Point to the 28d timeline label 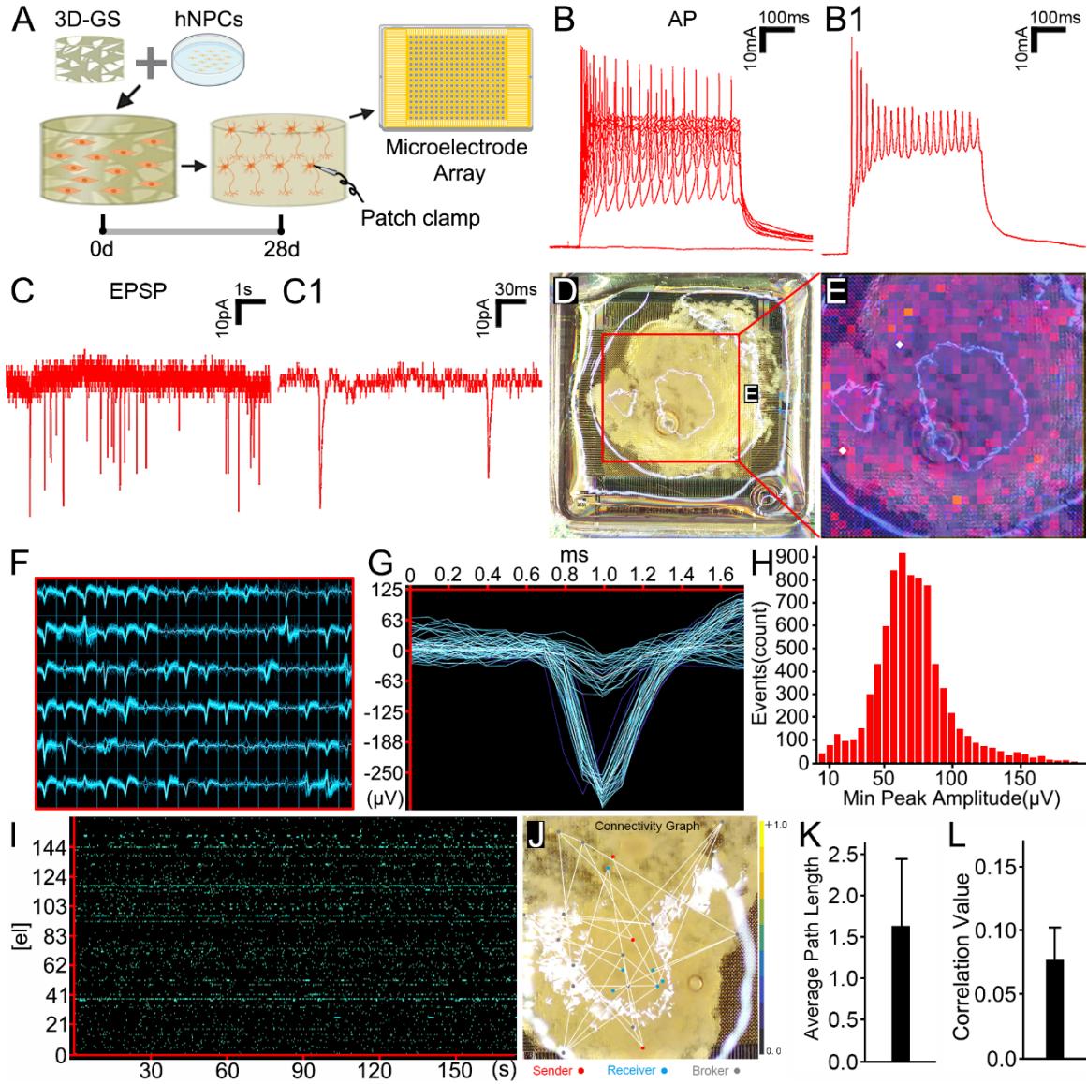point(281,251)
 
